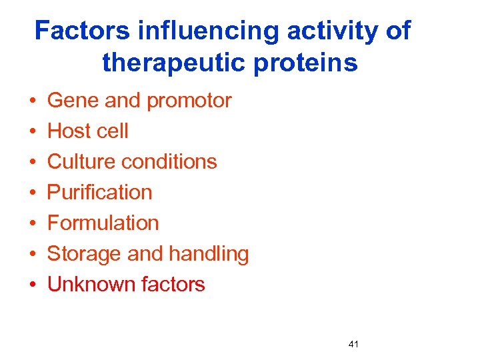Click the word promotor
[189, 101]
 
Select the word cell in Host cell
[113, 131]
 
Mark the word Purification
[100, 193]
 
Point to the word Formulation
[103, 223]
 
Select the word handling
[209, 254]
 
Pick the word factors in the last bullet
[173, 285]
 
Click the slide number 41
[353, 344]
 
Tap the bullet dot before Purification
[32, 193]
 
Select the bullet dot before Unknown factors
[32, 285]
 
